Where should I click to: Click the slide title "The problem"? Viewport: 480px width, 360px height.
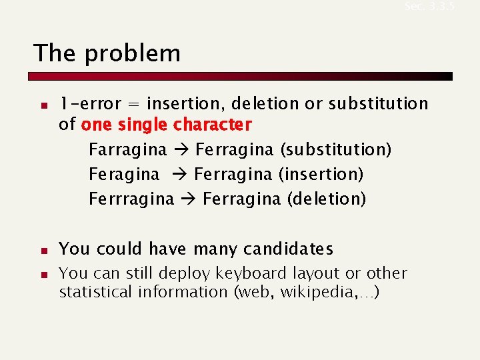click(x=107, y=53)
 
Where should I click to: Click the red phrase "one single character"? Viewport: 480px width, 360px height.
click(x=166, y=125)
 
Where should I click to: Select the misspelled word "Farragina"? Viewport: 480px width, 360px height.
click(x=128, y=150)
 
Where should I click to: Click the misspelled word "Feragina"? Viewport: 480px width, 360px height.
click(x=125, y=175)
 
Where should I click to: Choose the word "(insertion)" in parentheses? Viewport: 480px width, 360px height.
click(x=321, y=175)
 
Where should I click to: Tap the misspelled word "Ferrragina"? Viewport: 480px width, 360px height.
click(x=131, y=199)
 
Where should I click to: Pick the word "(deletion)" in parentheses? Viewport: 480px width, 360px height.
click(x=326, y=199)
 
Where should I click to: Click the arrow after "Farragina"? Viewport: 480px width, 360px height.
click(x=181, y=150)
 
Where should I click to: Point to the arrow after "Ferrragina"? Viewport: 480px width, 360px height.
click(x=188, y=199)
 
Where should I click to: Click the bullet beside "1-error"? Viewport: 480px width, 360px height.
click(x=41, y=105)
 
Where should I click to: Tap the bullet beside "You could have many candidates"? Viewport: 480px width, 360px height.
click(x=41, y=251)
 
